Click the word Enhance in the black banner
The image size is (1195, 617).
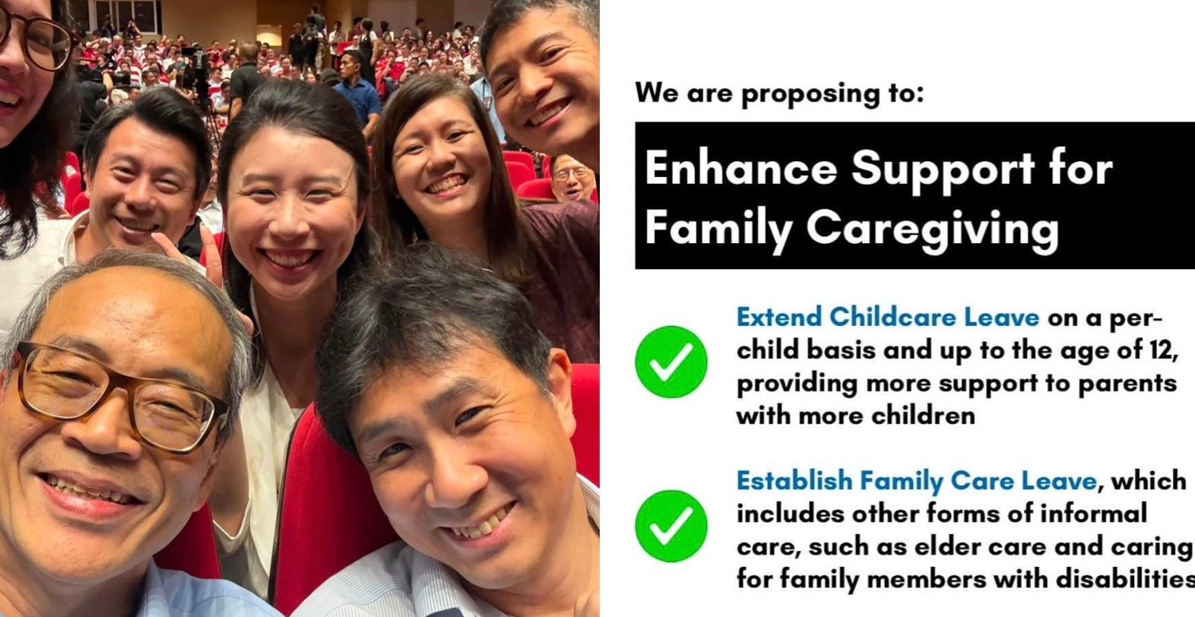(741, 169)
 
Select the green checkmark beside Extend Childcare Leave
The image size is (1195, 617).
(671, 362)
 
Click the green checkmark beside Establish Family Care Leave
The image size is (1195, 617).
(671, 526)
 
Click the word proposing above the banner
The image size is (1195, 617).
(810, 94)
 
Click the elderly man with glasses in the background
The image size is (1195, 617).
(572, 178)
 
